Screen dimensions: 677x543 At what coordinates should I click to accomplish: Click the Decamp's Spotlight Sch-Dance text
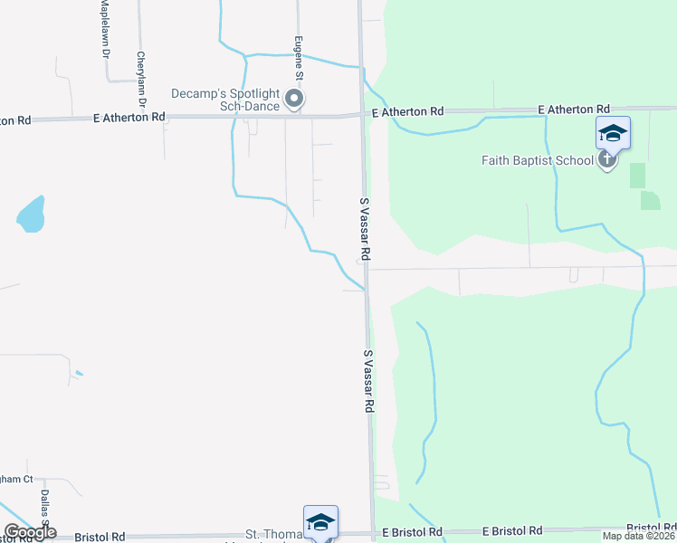pyautogui.click(x=225, y=99)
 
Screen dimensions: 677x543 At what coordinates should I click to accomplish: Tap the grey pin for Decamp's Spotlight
pyautogui.click(x=294, y=99)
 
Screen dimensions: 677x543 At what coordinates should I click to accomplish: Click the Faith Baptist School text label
pyautogui.click(x=537, y=161)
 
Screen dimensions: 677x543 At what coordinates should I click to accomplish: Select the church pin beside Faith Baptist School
pyautogui.click(x=606, y=160)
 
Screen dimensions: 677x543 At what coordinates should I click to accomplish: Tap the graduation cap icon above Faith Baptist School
pyautogui.click(x=613, y=133)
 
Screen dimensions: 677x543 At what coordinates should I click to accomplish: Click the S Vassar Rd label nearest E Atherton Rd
pyautogui.click(x=364, y=230)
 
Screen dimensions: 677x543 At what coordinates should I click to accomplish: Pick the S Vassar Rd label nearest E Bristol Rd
pyautogui.click(x=368, y=382)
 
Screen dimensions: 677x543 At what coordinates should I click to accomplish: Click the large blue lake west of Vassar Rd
pyautogui.click(x=30, y=214)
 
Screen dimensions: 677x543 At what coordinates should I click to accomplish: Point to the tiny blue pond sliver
pyautogui.click(x=80, y=373)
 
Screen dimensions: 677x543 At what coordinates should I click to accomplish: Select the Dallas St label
pyautogui.click(x=43, y=507)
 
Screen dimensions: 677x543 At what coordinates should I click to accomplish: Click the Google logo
pyautogui.click(x=30, y=533)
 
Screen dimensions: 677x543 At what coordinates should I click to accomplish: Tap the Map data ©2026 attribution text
pyautogui.click(x=638, y=536)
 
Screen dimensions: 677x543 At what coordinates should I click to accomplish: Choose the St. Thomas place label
pyautogui.click(x=272, y=535)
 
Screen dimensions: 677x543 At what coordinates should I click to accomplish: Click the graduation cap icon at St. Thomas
pyautogui.click(x=320, y=521)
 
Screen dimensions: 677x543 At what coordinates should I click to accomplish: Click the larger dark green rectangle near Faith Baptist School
pyautogui.click(x=638, y=176)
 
